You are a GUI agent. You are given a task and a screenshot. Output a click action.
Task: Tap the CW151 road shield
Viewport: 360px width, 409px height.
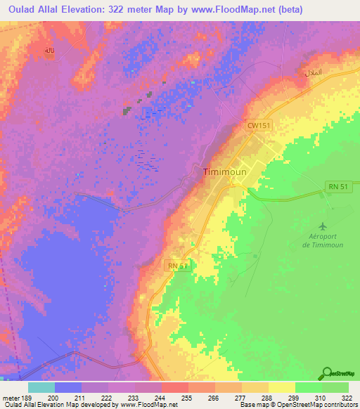[x=257, y=125]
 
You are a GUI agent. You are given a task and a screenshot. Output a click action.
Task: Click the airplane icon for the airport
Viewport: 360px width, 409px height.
[x=323, y=226]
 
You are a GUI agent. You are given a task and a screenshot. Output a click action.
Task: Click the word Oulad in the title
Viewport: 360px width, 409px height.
[x=20, y=10]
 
